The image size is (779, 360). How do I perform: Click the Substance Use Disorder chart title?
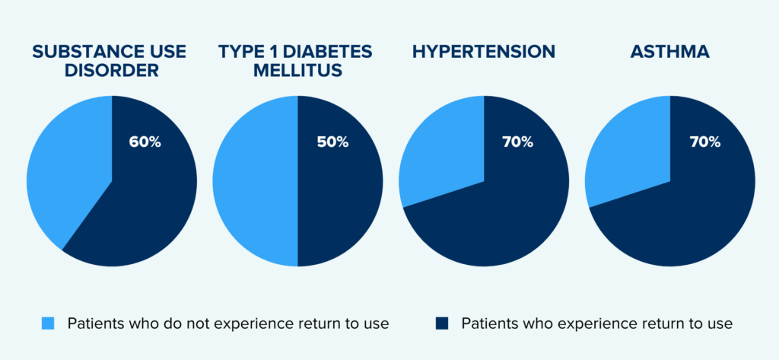[x=109, y=60]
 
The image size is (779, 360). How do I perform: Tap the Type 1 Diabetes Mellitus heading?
[x=297, y=60]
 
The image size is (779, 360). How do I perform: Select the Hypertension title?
[x=483, y=51]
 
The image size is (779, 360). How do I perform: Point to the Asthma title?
[x=669, y=51]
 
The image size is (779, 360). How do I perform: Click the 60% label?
[x=145, y=142]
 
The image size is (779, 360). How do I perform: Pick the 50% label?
[x=333, y=142]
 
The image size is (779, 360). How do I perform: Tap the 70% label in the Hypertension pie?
[x=517, y=142]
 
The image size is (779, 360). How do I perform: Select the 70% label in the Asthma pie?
[x=705, y=142]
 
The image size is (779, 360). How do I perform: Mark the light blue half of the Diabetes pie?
[x=255, y=181]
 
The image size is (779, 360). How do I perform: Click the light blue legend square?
[x=47, y=323]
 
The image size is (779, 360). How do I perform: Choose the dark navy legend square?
[x=442, y=323]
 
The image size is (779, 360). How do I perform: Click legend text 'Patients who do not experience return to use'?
[x=228, y=323]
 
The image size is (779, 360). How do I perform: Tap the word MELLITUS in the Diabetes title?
[x=297, y=69]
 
